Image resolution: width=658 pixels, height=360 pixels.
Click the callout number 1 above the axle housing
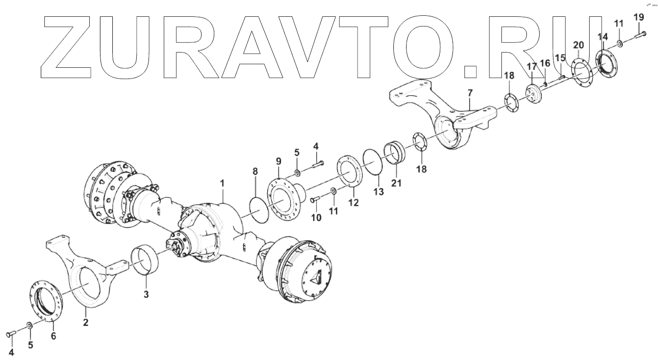222,182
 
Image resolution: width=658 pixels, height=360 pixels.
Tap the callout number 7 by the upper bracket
470,93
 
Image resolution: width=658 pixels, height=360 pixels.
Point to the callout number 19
639,17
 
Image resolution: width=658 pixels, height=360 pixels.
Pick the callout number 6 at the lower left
53,336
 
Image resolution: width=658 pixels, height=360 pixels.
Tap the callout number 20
578,45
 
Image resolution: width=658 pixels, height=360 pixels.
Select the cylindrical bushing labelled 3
146,261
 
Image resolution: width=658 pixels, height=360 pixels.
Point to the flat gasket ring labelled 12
349,173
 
